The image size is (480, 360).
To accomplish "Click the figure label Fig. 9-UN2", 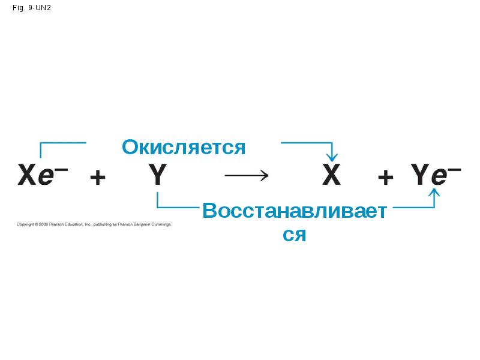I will click(31, 9).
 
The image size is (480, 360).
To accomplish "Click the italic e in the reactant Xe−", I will click(46, 176).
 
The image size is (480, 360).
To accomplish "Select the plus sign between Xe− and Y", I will click(97, 177).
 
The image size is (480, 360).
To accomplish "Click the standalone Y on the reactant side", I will click(157, 176).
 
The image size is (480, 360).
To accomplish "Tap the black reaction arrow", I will click(246, 176).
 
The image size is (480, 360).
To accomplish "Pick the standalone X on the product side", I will click(331, 176).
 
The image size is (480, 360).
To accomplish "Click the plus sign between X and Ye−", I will click(386, 177).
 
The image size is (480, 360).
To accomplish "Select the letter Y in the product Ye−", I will click(420, 176).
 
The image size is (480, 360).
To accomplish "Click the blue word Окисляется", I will click(184, 147).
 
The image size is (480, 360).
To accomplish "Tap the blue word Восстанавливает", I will click(293, 211).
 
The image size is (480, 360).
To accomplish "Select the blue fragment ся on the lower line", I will click(294, 234).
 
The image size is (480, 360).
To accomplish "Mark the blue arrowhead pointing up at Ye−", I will click(434, 193).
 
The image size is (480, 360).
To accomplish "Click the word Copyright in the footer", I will click(25, 224).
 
